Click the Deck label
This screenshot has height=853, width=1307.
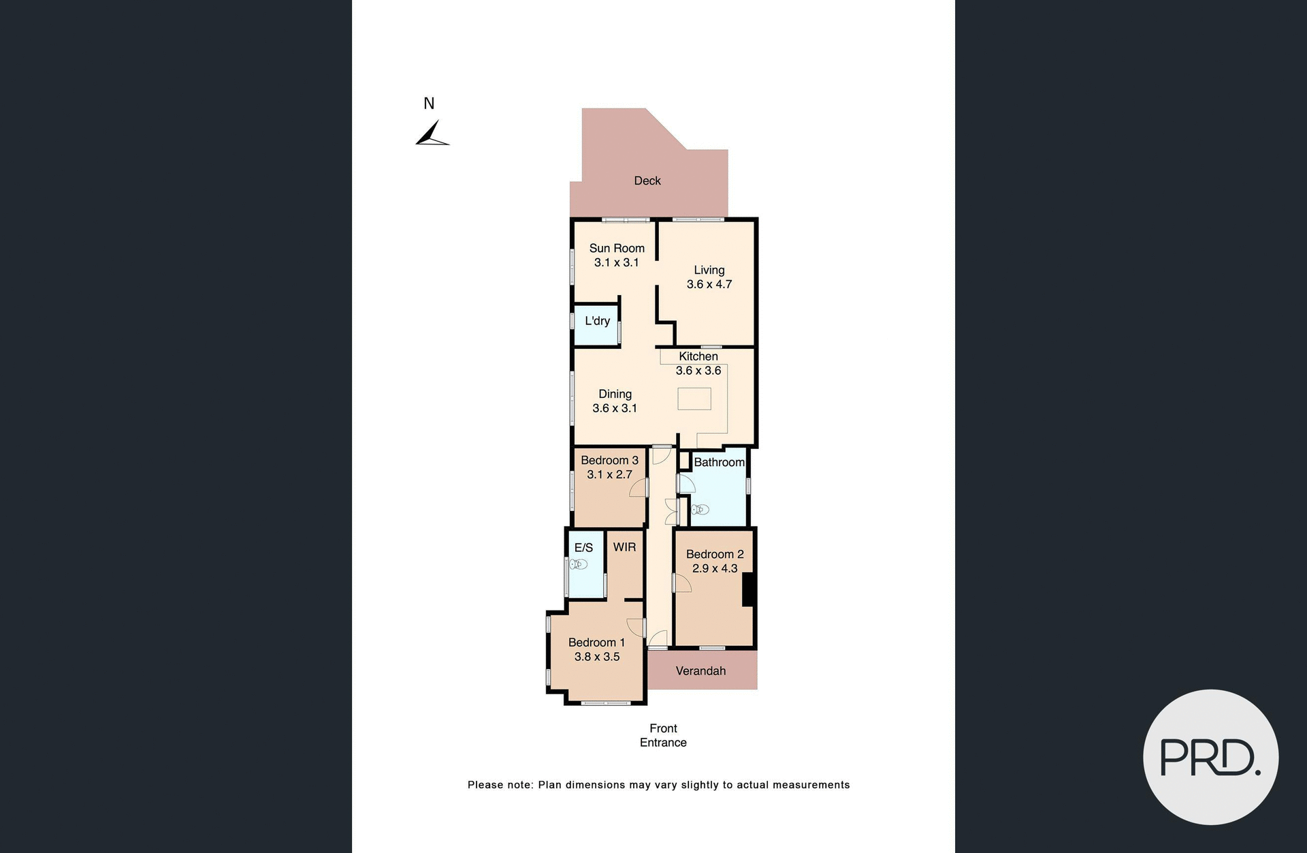pyautogui.click(x=647, y=181)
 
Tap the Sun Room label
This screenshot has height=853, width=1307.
pyautogui.click(x=617, y=248)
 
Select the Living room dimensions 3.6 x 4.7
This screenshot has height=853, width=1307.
pyautogui.click(x=709, y=284)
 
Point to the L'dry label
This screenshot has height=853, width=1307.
pyautogui.click(x=597, y=321)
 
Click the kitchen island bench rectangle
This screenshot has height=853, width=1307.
pyautogui.click(x=694, y=399)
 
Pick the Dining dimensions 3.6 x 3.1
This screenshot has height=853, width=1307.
pyautogui.click(x=615, y=408)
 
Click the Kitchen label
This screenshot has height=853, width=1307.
pyautogui.click(x=698, y=356)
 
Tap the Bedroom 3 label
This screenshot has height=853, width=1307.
pyautogui.click(x=609, y=460)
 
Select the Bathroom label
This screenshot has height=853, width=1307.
pyautogui.click(x=719, y=462)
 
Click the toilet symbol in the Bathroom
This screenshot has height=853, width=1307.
pyautogui.click(x=700, y=510)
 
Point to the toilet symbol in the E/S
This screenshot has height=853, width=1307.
pyautogui.click(x=579, y=564)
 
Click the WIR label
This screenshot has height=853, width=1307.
pyautogui.click(x=624, y=547)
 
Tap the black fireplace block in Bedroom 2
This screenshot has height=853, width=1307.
pyautogui.click(x=748, y=589)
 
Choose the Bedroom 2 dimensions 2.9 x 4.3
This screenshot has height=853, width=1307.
pyautogui.click(x=715, y=568)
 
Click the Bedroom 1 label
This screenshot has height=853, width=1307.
pyautogui.click(x=596, y=642)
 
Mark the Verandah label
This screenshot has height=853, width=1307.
pyautogui.click(x=700, y=671)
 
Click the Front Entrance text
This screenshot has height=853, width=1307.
pyautogui.click(x=663, y=735)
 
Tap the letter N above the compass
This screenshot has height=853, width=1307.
pyautogui.click(x=429, y=104)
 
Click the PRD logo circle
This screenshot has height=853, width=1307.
pyautogui.click(x=1210, y=757)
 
